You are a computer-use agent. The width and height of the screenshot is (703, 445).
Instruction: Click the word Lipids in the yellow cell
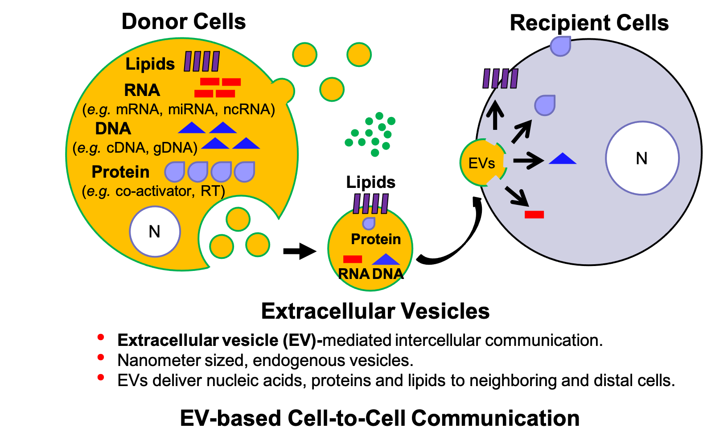(x=150, y=64)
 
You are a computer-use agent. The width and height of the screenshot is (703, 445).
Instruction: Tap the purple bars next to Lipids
(x=201, y=62)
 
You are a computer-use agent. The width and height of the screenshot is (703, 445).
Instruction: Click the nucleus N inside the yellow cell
(x=155, y=232)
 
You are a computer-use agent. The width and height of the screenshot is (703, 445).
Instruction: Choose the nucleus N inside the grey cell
(x=642, y=158)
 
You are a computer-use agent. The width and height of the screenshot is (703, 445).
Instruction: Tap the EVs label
(x=481, y=163)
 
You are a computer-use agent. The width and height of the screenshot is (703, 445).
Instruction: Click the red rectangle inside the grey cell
(x=534, y=215)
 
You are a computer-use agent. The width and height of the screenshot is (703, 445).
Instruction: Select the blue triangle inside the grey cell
(x=563, y=159)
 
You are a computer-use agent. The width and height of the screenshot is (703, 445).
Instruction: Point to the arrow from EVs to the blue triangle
(x=529, y=160)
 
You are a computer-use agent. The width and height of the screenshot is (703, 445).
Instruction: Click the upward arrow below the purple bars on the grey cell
(x=495, y=115)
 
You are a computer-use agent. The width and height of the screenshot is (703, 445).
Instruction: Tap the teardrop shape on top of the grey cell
(x=560, y=46)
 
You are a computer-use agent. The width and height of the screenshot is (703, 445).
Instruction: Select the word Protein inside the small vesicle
(x=376, y=239)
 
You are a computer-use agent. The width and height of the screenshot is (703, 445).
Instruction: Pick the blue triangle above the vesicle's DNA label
(x=386, y=259)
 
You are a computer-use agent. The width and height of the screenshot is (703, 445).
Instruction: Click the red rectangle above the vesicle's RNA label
(x=353, y=259)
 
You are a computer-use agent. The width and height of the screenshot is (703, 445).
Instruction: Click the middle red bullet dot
(x=101, y=357)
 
